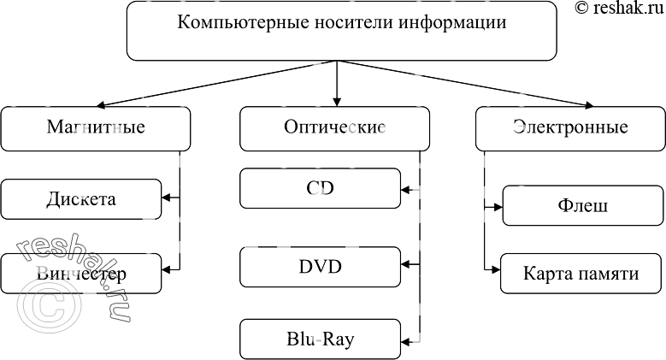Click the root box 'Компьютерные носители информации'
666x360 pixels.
[340, 31]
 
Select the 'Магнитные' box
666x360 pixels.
[95, 128]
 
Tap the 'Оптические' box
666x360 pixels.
[333, 128]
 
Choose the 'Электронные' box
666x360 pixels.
[569, 128]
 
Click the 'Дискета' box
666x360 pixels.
[80, 199]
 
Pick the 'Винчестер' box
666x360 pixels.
[80, 274]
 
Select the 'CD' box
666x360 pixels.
[320, 188]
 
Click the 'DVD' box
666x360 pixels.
[320, 267]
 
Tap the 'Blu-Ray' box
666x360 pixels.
[320, 339]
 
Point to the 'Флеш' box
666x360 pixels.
[581, 206]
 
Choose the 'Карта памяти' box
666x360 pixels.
[581, 274]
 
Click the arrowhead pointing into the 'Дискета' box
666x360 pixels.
[166, 199]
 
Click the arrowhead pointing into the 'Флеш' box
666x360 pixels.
[498, 206]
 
